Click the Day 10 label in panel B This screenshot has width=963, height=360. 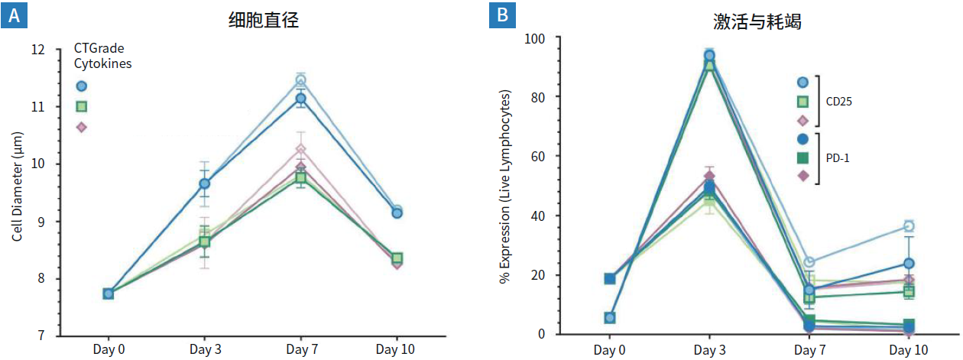[909, 349]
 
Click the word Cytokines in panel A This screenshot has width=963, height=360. [102, 64]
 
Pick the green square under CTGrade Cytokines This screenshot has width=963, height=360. [82, 106]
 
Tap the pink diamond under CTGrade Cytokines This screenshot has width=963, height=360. [82, 127]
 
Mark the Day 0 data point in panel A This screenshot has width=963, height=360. [109, 294]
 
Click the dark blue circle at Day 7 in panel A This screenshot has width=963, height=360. [301, 98]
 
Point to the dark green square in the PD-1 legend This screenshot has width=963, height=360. [802, 157]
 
